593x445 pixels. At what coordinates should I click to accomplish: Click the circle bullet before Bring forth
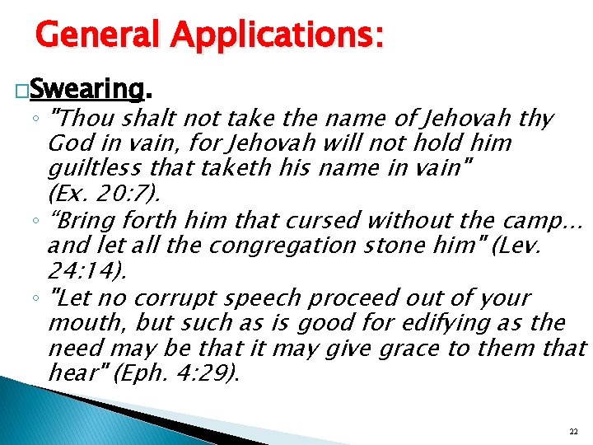pos(40,221)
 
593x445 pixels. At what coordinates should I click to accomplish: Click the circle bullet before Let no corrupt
pos(40,297)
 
